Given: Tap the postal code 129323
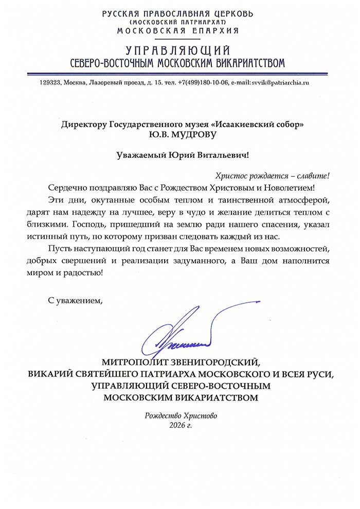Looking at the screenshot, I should pos(50,82).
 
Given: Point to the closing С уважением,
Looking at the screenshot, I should pos(76,300).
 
